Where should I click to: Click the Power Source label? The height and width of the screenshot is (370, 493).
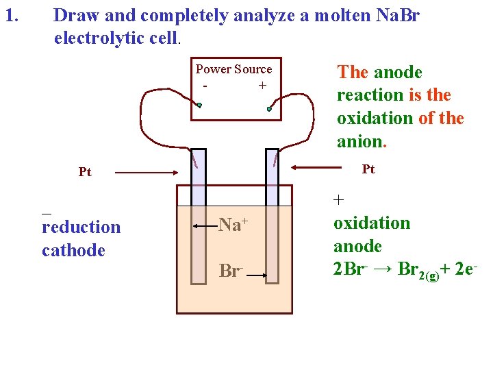(233, 69)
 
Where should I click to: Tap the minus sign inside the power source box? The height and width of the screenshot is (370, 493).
(205, 86)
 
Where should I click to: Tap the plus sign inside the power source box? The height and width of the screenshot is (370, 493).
(262, 86)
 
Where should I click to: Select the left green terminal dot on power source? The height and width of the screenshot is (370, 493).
(199, 106)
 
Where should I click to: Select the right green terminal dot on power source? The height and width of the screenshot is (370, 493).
(270, 109)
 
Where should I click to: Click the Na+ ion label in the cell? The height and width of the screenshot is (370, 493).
(233, 224)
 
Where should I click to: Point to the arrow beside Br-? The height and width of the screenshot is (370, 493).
(257, 276)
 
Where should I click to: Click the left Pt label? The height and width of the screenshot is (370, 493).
(85, 172)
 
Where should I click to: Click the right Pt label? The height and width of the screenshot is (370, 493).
(368, 169)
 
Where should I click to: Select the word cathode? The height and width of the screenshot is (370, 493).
(73, 250)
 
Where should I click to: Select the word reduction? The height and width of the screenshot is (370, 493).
(81, 227)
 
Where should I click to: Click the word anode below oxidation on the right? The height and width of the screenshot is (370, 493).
(357, 245)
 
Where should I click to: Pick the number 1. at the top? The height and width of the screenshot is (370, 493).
(11, 14)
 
